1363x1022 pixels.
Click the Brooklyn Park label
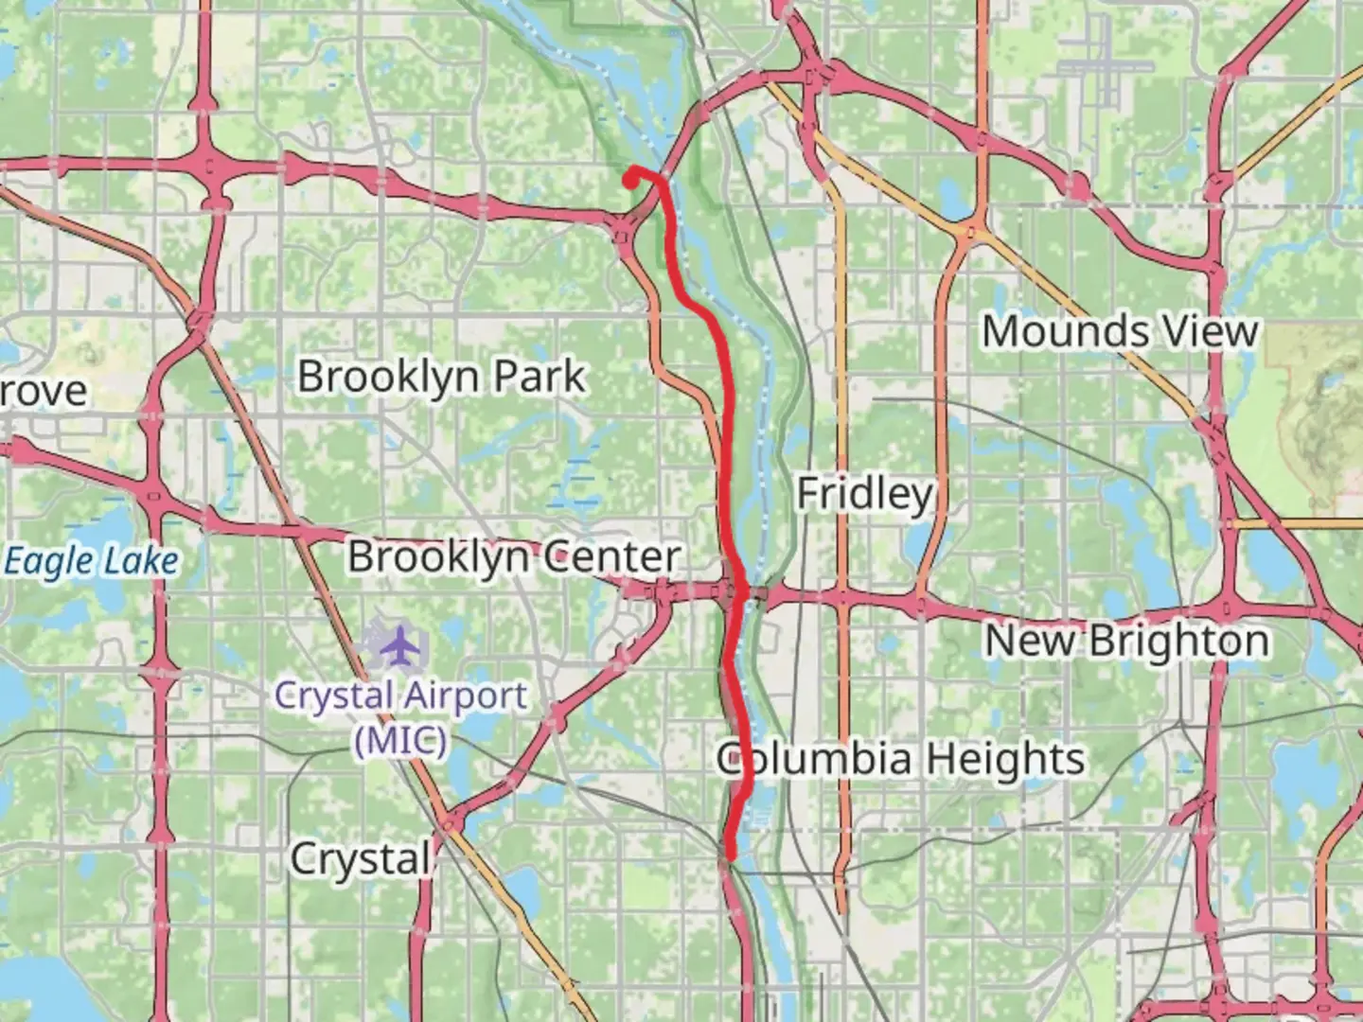click(x=441, y=377)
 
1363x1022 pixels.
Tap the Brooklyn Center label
click(x=514, y=556)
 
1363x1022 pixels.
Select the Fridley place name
click(x=865, y=494)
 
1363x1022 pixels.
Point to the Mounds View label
click(x=1120, y=331)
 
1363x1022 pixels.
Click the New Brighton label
click(x=1126, y=642)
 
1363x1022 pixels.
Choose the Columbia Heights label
click(x=899, y=759)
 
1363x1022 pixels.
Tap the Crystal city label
click(x=360, y=859)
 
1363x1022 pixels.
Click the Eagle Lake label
click(x=91, y=561)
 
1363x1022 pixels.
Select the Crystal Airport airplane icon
click(x=403, y=645)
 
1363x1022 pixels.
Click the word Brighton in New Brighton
click(x=1177, y=642)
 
